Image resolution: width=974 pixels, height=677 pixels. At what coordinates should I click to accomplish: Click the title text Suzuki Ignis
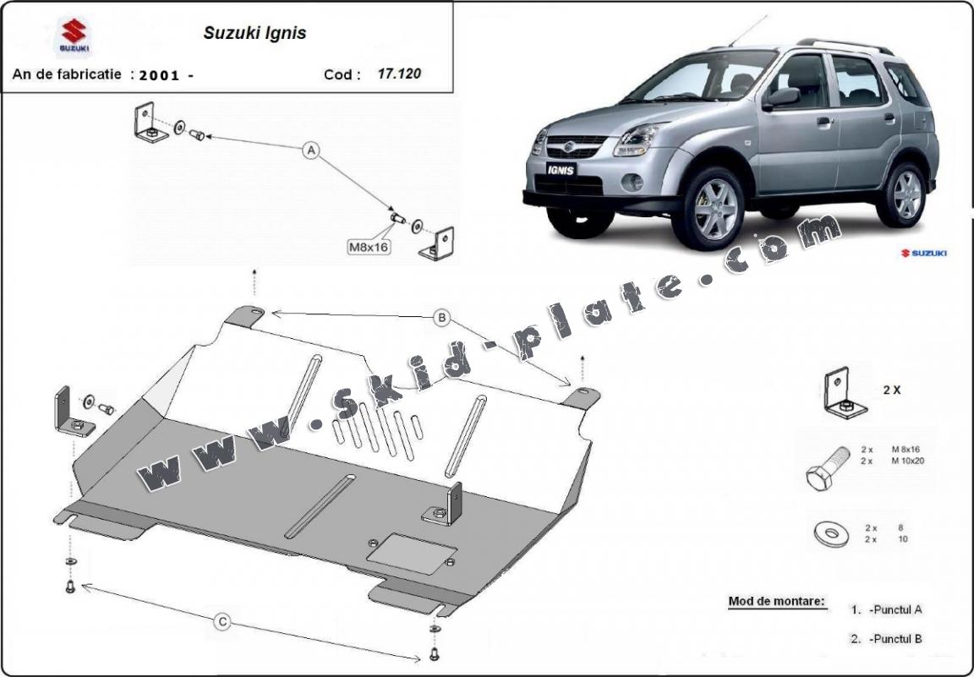coord(254,34)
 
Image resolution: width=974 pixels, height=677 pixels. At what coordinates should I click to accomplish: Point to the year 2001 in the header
coord(160,74)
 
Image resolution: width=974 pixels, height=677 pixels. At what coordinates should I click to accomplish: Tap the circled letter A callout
coord(311,150)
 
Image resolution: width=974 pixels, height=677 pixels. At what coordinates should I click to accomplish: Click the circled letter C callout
coord(222,622)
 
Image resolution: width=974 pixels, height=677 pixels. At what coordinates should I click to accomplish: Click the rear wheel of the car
coord(906,194)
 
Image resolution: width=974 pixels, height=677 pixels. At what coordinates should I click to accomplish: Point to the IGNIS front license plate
coord(561,169)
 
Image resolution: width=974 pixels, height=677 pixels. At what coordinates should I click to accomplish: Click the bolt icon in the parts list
coord(825,467)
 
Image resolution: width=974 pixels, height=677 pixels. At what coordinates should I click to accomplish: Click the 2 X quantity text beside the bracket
coord(891,390)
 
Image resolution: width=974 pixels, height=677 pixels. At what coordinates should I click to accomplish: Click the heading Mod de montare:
coord(776,602)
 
